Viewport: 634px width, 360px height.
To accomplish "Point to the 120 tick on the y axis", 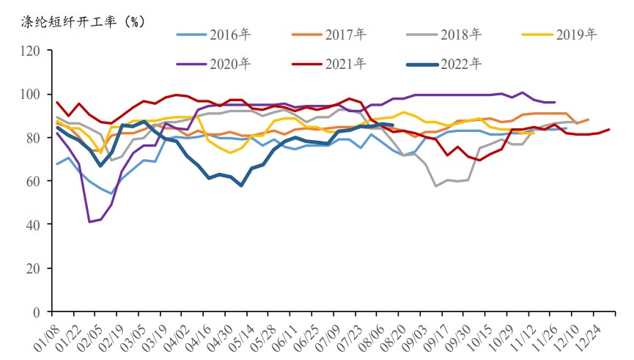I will [x=31, y=51].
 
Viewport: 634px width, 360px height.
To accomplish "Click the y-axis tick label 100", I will [x=31, y=95].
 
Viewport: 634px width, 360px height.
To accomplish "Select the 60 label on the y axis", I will [x=34, y=181].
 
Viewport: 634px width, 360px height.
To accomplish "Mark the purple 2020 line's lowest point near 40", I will [x=89, y=221].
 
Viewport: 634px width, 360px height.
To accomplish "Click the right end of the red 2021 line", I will [x=609, y=130].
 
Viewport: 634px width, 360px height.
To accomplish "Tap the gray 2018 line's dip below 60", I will [x=436, y=185].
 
